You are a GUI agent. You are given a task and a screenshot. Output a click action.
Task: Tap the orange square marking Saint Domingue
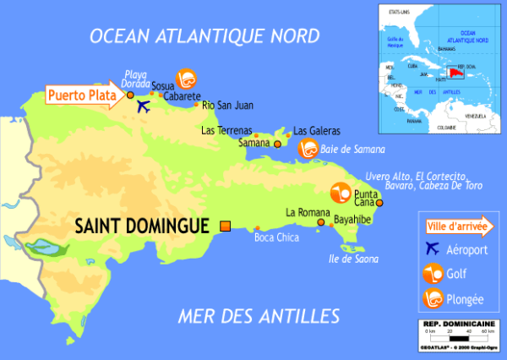point(225,226)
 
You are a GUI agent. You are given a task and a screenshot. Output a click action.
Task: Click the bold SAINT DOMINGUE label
point(142,226)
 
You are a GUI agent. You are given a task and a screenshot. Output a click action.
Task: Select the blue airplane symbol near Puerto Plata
point(142,106)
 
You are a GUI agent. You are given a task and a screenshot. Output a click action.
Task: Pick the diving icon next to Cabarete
point(185,77)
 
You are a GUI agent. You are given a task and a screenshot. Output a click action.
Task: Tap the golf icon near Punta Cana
point(340,194)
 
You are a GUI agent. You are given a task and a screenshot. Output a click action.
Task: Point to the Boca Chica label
point(276,237)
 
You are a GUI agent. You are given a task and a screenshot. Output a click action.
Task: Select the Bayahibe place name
point(353,219)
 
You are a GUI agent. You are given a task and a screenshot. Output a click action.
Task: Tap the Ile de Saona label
point(353,259)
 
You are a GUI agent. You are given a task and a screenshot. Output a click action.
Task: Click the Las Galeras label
point(317,131)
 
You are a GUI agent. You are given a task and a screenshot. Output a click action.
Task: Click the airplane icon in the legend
point(433,248)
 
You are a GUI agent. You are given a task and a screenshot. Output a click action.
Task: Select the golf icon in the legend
point(433,273)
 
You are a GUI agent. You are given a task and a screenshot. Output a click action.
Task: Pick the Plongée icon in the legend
point(433,298)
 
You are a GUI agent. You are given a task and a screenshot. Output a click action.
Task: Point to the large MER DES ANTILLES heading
point(259,317)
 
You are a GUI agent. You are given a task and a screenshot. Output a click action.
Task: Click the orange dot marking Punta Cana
point(379,203)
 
